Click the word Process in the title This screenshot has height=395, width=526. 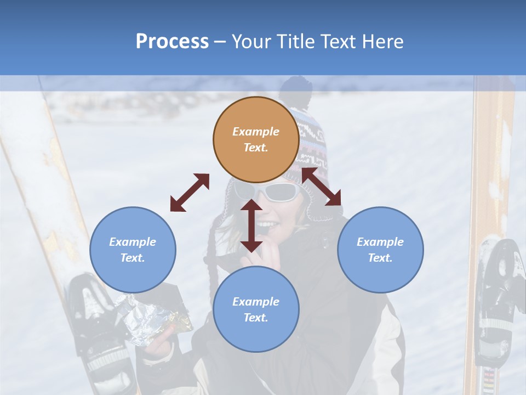coord(172,42)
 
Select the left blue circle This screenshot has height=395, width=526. coord(133,250)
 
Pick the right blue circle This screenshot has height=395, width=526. coord(380,250)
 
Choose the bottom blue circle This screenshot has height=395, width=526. coord(256,309)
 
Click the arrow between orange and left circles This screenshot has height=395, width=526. coord(190,193)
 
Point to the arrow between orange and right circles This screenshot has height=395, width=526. coord(321,187)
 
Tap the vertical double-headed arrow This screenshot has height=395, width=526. coord(251,225)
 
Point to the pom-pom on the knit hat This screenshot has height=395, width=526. coord(294,88)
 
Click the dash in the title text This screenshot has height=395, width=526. coord(220,42)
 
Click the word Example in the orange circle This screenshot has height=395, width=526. coord(256,132)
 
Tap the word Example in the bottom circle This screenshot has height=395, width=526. coord(256,302)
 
